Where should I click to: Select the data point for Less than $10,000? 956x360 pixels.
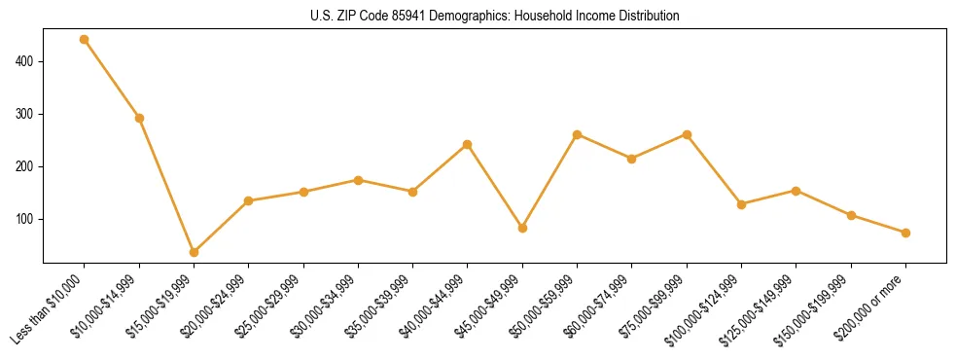[x=85, y=40]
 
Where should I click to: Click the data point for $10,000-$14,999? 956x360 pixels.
[x=139, y=119]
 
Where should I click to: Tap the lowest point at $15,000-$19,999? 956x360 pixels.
[x=194, y=252]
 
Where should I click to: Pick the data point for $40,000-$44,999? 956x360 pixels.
[x=468, y=144]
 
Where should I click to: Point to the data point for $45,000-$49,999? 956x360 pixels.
[x=522, y=228]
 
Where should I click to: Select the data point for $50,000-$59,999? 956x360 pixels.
[x=578, y=134]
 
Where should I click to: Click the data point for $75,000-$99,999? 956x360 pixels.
[x=687, y=134]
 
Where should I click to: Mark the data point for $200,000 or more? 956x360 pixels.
[x=905, y=233]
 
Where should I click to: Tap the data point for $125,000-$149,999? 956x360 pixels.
[x=797, y=191]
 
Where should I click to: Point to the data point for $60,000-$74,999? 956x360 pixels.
[x=632, y=159]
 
